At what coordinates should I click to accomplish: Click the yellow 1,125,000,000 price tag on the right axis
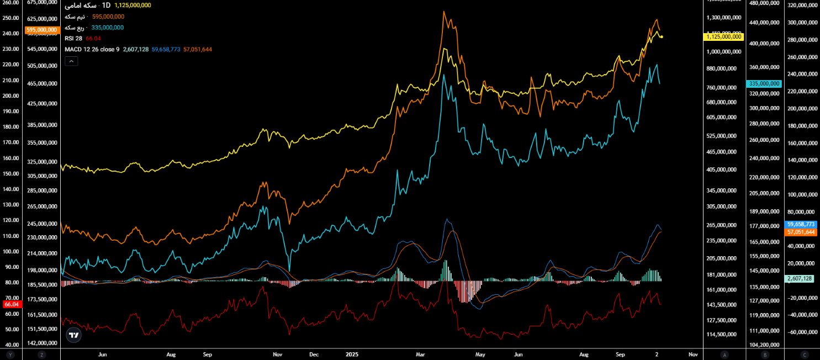[723, 36]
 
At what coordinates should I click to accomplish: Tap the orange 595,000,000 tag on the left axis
[41, 30]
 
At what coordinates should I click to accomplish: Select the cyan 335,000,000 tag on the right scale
[764, 83]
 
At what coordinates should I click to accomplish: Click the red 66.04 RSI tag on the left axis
[12, 304]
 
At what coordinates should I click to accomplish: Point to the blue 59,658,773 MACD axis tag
[800, 225]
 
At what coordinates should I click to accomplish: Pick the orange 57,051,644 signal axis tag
[800, 232]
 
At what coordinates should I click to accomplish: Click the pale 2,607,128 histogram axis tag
[800, 279]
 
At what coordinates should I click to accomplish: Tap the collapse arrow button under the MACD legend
[71, 61]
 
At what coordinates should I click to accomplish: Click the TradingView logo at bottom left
[73, 335]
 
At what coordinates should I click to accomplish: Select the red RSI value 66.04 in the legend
[93, 38]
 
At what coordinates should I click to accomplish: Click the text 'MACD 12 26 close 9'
[92, 49]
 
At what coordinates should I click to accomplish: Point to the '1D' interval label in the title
[105, 5]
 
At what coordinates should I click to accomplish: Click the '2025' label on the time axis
[352, 354]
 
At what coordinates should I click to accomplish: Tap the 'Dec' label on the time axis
[314, 354]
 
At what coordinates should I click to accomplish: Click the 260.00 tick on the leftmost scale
[11, 3]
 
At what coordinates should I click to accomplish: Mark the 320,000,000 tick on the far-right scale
[802, 6]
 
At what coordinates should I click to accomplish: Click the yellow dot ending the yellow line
[662, 37]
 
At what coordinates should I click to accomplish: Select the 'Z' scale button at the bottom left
[41, 354]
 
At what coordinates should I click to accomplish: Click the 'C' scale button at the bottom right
[805, 354]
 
